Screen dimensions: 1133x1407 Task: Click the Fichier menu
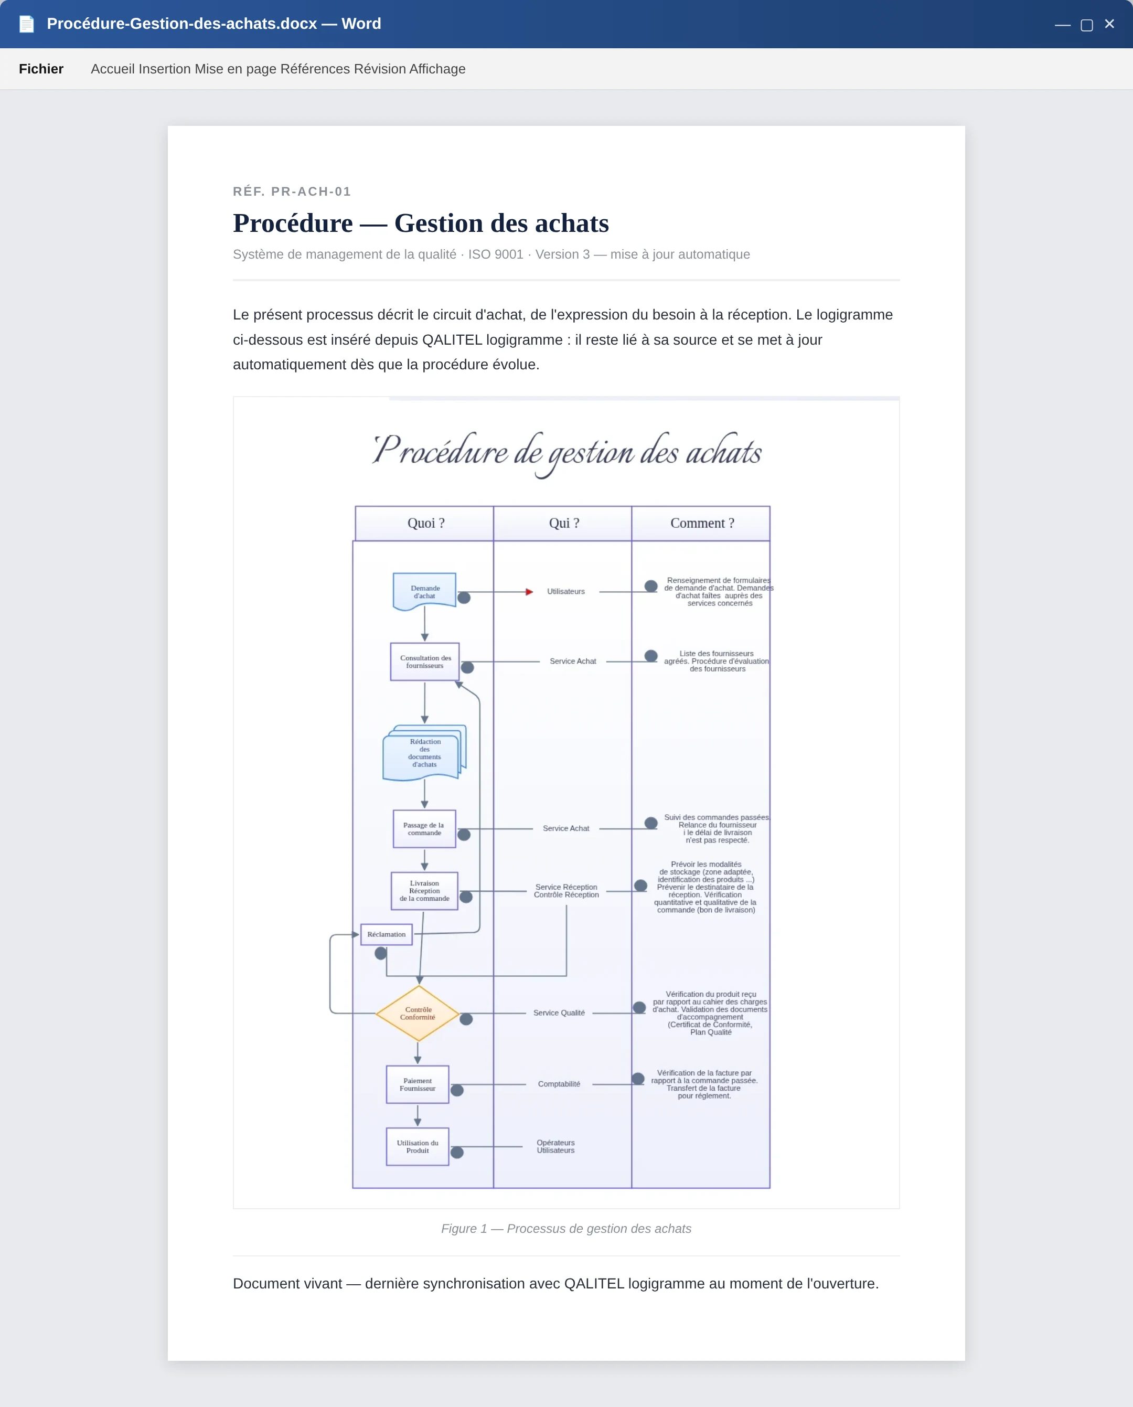click(41, 69)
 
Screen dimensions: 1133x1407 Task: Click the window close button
click(1109, 24)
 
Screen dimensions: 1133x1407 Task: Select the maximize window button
click(1087, 25)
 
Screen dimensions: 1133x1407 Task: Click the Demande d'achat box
click(424, 591)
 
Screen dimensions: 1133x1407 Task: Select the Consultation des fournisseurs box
click(425, 662)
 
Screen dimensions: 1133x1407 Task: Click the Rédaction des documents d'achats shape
click(424, 752)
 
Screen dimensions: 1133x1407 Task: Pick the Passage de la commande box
click(424, 829)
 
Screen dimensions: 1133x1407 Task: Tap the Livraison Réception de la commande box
click(424, 891)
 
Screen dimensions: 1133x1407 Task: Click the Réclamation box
click(387, 934)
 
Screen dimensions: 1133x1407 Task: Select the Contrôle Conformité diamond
click(418, 1014)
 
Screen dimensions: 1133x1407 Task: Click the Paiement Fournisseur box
click(418, 1084)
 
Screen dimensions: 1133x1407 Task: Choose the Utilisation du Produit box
click(418, 1147)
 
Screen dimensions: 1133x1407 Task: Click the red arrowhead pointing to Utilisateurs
click(529, 592)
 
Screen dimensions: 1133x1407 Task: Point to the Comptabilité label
click(559, 1084)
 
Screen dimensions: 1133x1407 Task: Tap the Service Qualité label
click(559, 1013)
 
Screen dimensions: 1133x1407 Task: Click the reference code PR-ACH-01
click(312, 191)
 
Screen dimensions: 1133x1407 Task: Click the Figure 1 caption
click(566, 1229)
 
